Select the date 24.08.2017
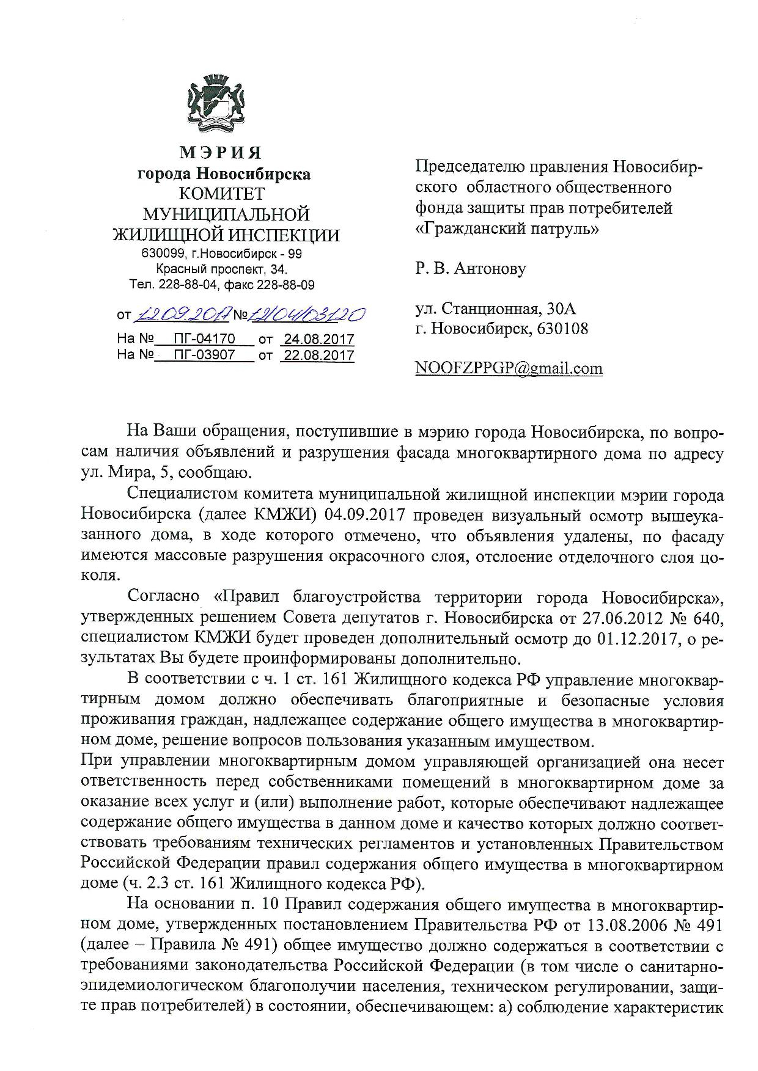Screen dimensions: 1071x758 317,339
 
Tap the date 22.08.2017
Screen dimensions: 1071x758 317,355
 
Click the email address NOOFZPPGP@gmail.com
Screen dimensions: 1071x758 509,368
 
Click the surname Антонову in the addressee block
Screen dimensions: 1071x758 489,268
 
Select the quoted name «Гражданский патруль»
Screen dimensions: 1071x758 507,229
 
